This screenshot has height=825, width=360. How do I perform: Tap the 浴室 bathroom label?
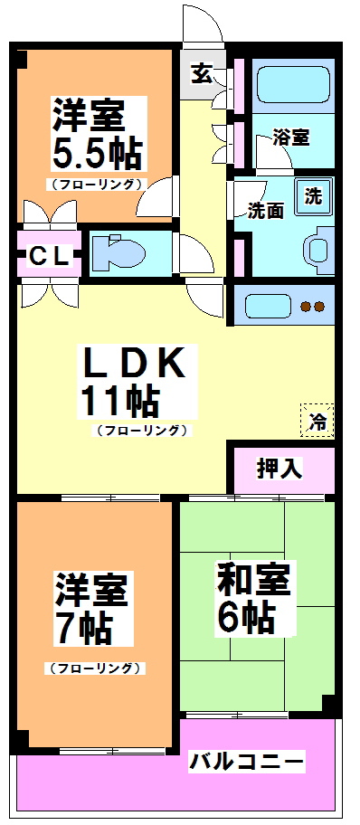coord(290,137)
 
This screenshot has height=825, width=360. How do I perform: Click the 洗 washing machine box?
coord(313,194)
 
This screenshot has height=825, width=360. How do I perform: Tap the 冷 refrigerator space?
coord(317,419)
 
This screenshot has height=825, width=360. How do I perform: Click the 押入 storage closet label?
coord(279,469)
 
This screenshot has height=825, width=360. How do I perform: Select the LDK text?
coord(136,364)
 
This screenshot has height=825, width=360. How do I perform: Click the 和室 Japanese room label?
coord(253,579)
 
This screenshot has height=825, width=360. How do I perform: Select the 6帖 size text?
coord(246,618)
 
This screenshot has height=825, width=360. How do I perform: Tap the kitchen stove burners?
coord(311,306)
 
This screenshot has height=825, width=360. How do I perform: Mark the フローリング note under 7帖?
coord(94,669)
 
